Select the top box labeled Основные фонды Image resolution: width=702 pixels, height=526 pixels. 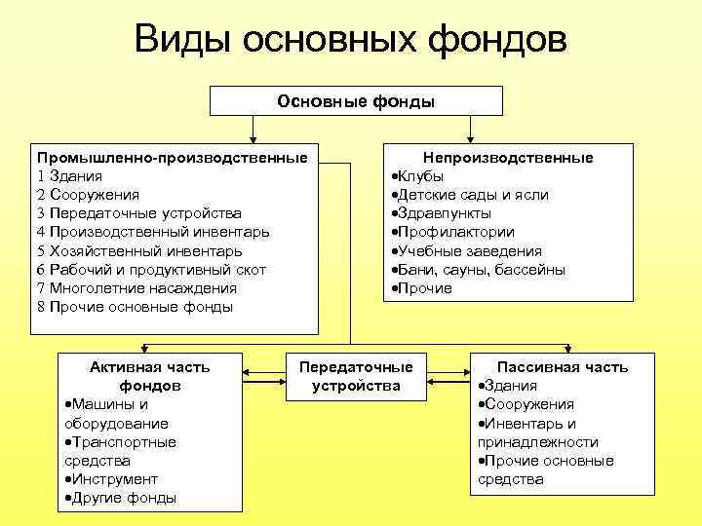(x=356, y=100)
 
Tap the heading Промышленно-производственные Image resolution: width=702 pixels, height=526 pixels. (x=172, y=158)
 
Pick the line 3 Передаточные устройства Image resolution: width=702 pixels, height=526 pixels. (x=139, y=213)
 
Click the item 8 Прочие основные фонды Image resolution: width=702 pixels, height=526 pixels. (x=135, y=307)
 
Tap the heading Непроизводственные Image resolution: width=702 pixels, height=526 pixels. (x=508, y=158)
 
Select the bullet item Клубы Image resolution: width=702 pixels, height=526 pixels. (x=420, y=176)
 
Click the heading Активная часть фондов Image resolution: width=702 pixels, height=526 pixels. (x=149, y=376)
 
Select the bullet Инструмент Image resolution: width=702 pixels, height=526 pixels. (x=112, y=479)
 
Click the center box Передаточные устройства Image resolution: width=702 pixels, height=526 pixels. (x=355, y=376)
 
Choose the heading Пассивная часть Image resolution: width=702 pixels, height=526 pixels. (x=563, y=367)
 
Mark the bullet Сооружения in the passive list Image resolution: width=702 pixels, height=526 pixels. (x=528, y=404)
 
